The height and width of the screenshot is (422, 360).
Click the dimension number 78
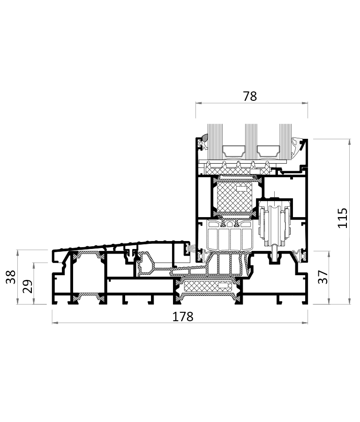tap(250, 96)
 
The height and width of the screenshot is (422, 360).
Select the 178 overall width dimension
tap(183, 317)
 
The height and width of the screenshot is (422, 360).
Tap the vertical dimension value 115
tap(343, 218)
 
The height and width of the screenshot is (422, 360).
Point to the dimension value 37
tap(323, 277)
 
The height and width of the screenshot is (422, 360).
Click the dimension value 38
tap(11, 277)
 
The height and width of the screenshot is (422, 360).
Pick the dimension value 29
tap(28, 286)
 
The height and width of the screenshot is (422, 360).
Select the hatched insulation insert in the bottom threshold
tap(208, 286)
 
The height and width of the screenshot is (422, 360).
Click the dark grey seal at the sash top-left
tap(205, 138)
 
